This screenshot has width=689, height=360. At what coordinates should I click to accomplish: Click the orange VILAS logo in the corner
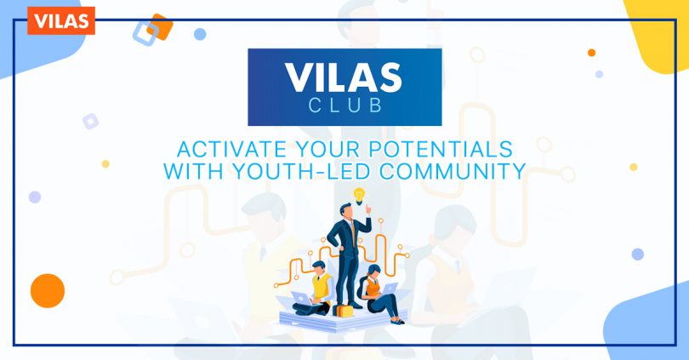(61, 20)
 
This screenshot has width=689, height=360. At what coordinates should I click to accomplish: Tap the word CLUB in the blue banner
(345, 106)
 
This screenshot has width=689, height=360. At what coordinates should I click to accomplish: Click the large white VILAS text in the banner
(343, 77)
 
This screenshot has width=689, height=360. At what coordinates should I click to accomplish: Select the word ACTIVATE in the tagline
(231, 150)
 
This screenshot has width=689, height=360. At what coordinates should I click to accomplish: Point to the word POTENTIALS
(441, 150)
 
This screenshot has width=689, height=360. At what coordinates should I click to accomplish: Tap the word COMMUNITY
(453, 171)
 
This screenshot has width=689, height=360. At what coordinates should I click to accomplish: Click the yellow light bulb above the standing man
(359, 196)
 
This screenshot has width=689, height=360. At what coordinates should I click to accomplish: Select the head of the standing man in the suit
(346, 211)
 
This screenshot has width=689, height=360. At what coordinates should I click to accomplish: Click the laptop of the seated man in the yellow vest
(302, 299)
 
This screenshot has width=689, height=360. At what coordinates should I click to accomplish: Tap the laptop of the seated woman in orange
(390, 289)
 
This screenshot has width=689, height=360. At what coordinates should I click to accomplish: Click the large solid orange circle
(48, 290)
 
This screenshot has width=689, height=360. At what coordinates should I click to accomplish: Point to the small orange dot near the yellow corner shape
(591, 53)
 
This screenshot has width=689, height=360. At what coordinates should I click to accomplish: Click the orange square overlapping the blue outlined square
(160, 27)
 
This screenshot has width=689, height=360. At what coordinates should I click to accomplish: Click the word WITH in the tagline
(193, 171)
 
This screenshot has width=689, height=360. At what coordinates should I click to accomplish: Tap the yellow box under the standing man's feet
(343, 311)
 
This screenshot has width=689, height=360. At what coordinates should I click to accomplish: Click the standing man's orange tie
(353, 231)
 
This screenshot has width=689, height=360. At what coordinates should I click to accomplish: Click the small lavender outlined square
(90, 121)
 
